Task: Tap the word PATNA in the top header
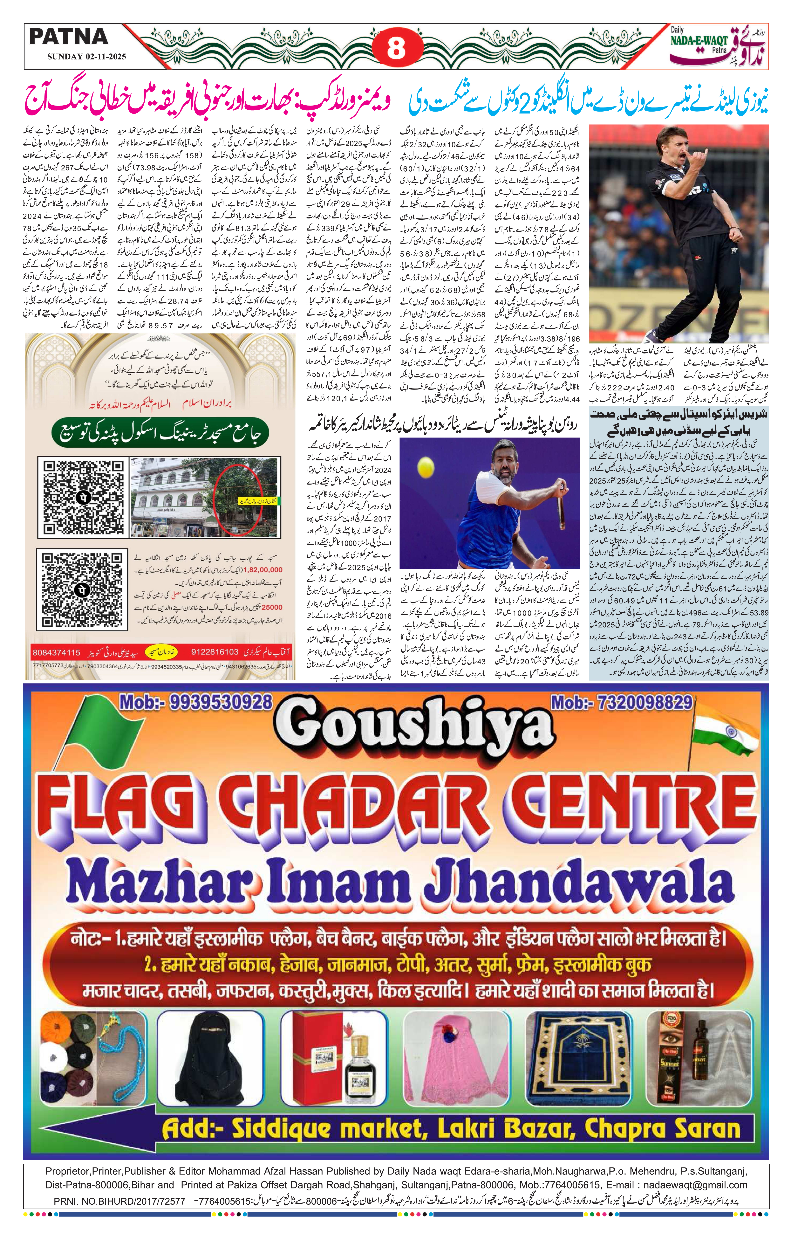[68, 37]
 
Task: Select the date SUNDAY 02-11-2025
[86, 57]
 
